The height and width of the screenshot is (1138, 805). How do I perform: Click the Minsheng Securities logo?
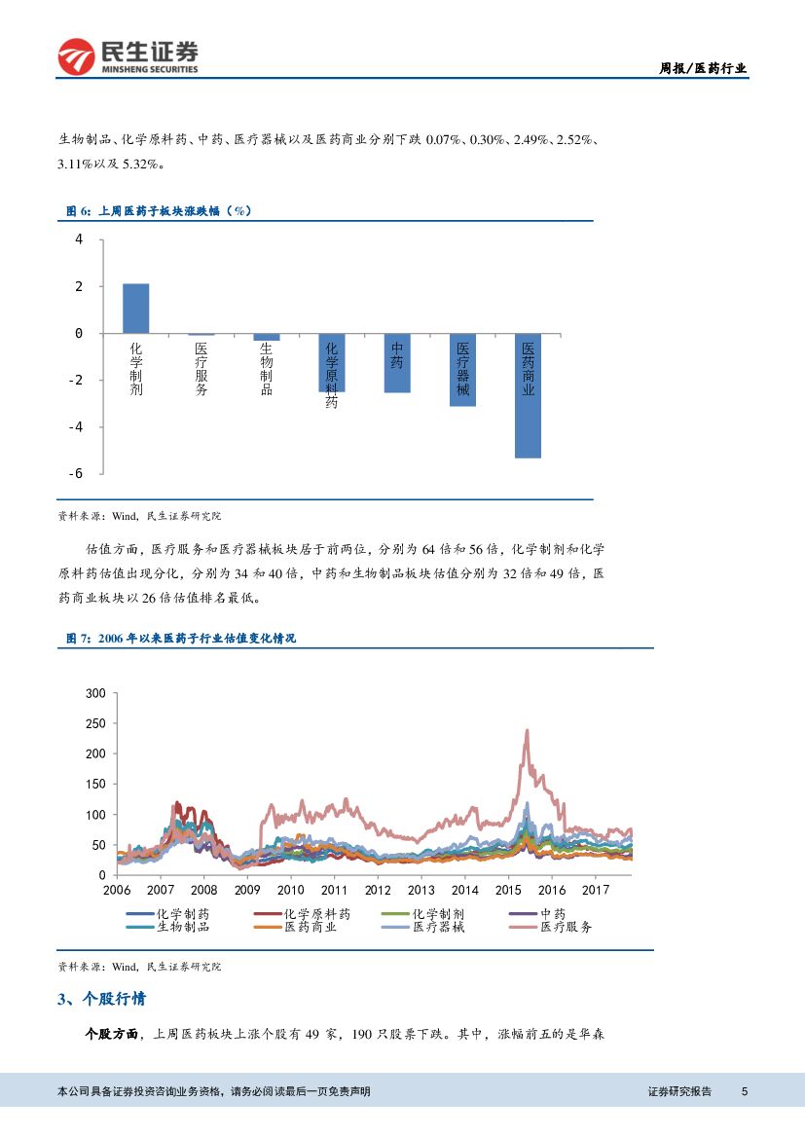tap(128, 57)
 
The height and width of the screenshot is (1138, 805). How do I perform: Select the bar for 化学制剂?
tap(136, 309)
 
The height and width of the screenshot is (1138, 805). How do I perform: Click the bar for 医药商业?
tap(528, 395)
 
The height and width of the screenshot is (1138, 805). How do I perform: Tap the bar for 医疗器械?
tap(462, 370)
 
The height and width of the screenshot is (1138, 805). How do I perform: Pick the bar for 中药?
tap(397, 363)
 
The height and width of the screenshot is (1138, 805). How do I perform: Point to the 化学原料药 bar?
tap(332, 362)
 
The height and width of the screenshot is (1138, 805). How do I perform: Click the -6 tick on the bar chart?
tap(76, 473)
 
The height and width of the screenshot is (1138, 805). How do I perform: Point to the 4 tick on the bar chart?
tap(79, 239)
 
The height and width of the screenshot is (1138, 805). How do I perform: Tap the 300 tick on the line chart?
tap(95, 693)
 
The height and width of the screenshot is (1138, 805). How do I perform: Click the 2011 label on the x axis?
tap(334, 890)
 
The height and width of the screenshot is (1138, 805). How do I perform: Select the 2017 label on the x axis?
tap(595, 890)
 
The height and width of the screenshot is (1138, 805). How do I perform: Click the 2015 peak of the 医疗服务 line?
tap(527, 730)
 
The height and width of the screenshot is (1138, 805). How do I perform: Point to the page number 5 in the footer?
tap(744, 1091)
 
